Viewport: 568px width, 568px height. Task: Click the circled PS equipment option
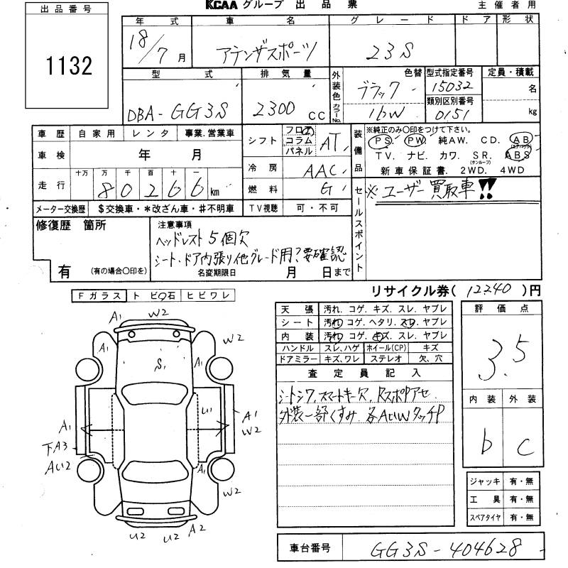(x=379, y=141)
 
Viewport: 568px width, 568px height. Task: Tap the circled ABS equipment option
(x=518, y=154)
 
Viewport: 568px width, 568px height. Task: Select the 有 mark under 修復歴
(x=63, y=271)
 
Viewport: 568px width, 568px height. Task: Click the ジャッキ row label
(x=485, y=481)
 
